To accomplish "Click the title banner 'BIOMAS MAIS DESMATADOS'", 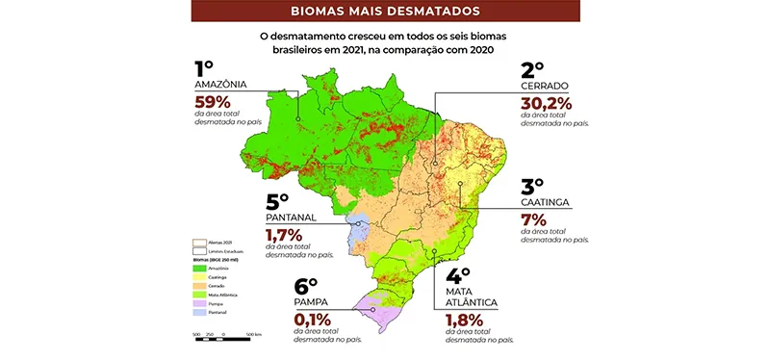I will (383, 13).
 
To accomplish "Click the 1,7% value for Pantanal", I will (281, 234).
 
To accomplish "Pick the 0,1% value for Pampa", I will (312, 319).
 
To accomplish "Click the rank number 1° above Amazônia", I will (204, 69).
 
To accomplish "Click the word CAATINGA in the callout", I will (547, 203).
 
